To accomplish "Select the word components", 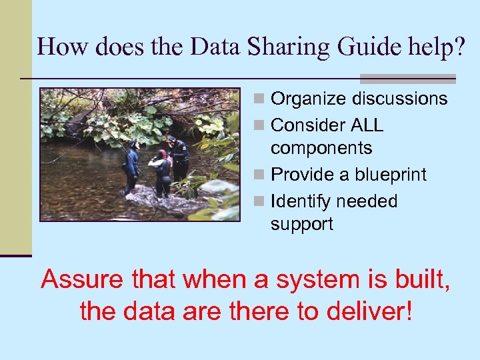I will pyautogui.click(x=321, y=148).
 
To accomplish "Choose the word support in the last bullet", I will pyautogui.click(x=301, y=224).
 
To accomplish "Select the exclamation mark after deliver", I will pyautogui.click(x=408, y=310).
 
